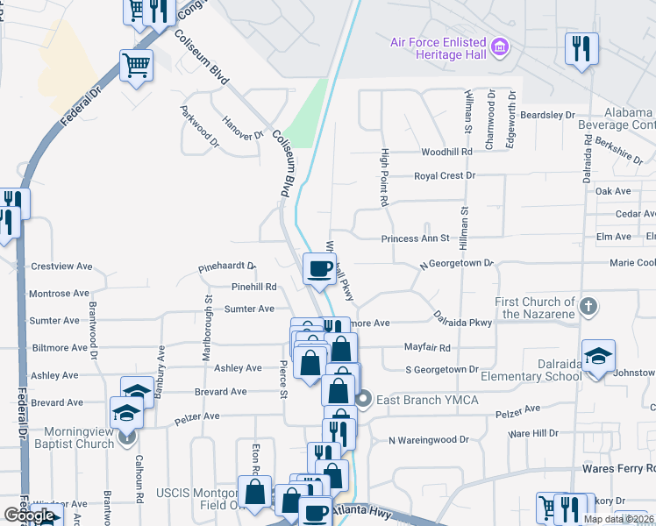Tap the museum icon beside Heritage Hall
click(500, 45)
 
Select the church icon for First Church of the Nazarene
click(588, 307)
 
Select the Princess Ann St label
click(415, 238)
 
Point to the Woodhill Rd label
click(446, 152)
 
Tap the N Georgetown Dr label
click(456, 263)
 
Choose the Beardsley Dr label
click(546, 115)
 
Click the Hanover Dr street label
click(243, 130)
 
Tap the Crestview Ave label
click(61, 267)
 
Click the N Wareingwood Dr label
click(428, 439)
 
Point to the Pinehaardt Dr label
click(226, 266)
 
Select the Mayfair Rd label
click(427, 347)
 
